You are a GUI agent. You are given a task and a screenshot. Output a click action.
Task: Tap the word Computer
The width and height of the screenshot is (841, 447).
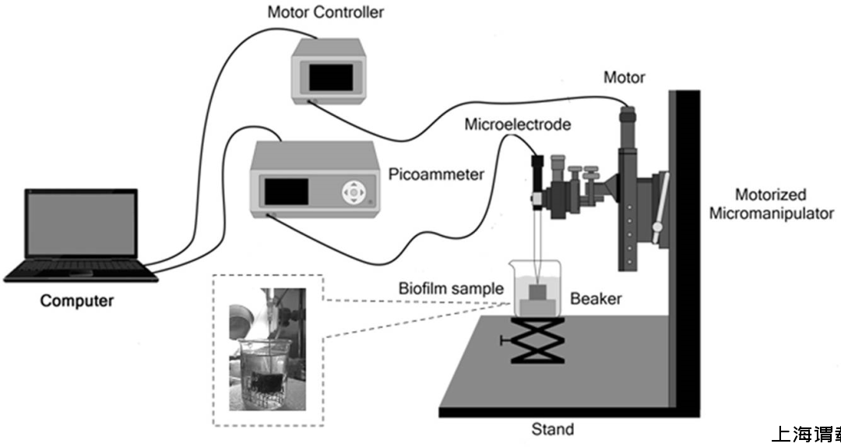76,301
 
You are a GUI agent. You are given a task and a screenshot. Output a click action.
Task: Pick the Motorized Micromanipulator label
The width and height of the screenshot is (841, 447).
771,204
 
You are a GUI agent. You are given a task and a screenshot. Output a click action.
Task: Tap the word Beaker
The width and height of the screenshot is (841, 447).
596,298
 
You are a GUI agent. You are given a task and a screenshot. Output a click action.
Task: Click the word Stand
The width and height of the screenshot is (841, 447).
552,429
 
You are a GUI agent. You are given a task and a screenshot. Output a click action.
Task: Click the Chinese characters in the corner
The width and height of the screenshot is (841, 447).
806,435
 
